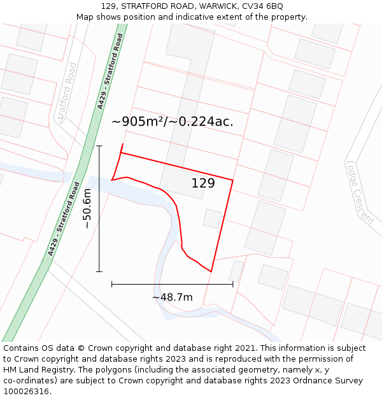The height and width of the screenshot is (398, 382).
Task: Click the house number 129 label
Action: pos(203,183)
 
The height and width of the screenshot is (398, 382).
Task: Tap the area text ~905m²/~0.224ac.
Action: pos(172,122)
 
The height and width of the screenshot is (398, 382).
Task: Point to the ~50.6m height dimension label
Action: pos(87,209)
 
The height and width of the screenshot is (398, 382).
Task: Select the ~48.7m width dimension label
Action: pos(172,297)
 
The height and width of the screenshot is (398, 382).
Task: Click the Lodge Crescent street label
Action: pos(360,190)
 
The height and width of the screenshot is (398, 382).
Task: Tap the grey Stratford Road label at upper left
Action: pos(66,92)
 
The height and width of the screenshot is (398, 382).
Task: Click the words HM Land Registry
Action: pos(37,370)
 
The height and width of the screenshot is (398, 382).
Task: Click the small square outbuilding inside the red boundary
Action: pos(212,218)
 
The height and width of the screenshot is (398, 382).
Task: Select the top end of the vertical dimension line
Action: pos(99,146)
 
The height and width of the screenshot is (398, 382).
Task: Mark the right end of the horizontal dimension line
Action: pos(233,284)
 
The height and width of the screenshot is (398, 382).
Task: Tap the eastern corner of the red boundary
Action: pos(233,180)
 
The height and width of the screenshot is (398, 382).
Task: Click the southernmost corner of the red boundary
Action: pos(211,272)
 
